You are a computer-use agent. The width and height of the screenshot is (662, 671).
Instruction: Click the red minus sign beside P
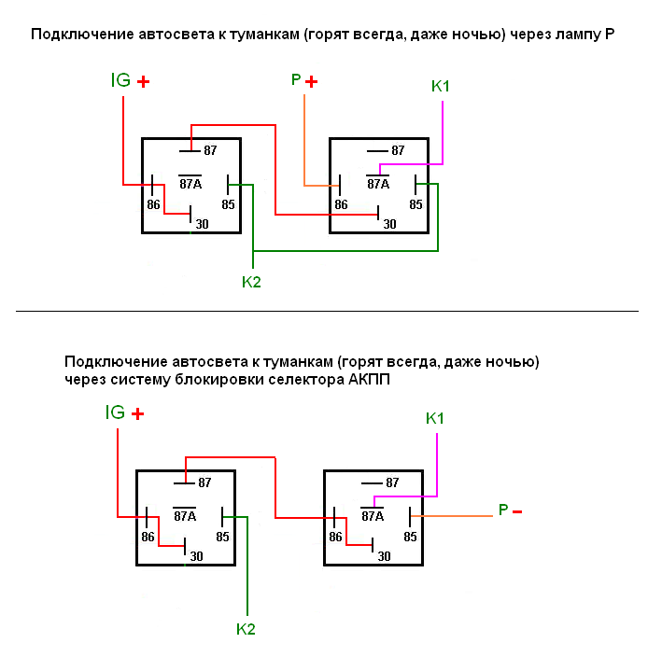point(517,511)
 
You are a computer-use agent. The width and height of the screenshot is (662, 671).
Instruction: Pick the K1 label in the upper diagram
point(441,87)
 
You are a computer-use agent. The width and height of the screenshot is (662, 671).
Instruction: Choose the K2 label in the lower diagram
point(246,629)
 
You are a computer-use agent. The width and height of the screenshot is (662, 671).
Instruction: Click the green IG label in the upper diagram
point(120,81)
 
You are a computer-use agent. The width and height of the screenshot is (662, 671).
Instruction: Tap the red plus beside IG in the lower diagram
point(137,414)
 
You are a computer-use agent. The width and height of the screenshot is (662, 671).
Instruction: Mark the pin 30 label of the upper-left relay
point(202,223)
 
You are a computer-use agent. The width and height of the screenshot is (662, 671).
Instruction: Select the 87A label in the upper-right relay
point(378,184)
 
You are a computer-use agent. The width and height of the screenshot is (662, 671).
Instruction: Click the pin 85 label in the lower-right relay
point(410,538)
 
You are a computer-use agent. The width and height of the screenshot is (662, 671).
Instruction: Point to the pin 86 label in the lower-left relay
point(148,538)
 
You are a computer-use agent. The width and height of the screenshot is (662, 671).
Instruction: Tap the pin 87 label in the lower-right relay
point(392,483)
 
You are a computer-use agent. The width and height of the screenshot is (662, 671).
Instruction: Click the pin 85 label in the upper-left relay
point(228,204)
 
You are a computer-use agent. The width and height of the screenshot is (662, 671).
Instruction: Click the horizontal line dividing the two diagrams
point(327,311)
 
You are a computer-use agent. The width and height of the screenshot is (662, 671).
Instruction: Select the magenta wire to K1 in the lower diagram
point(438,467)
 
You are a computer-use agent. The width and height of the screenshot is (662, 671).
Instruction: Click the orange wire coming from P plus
point(304,140)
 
